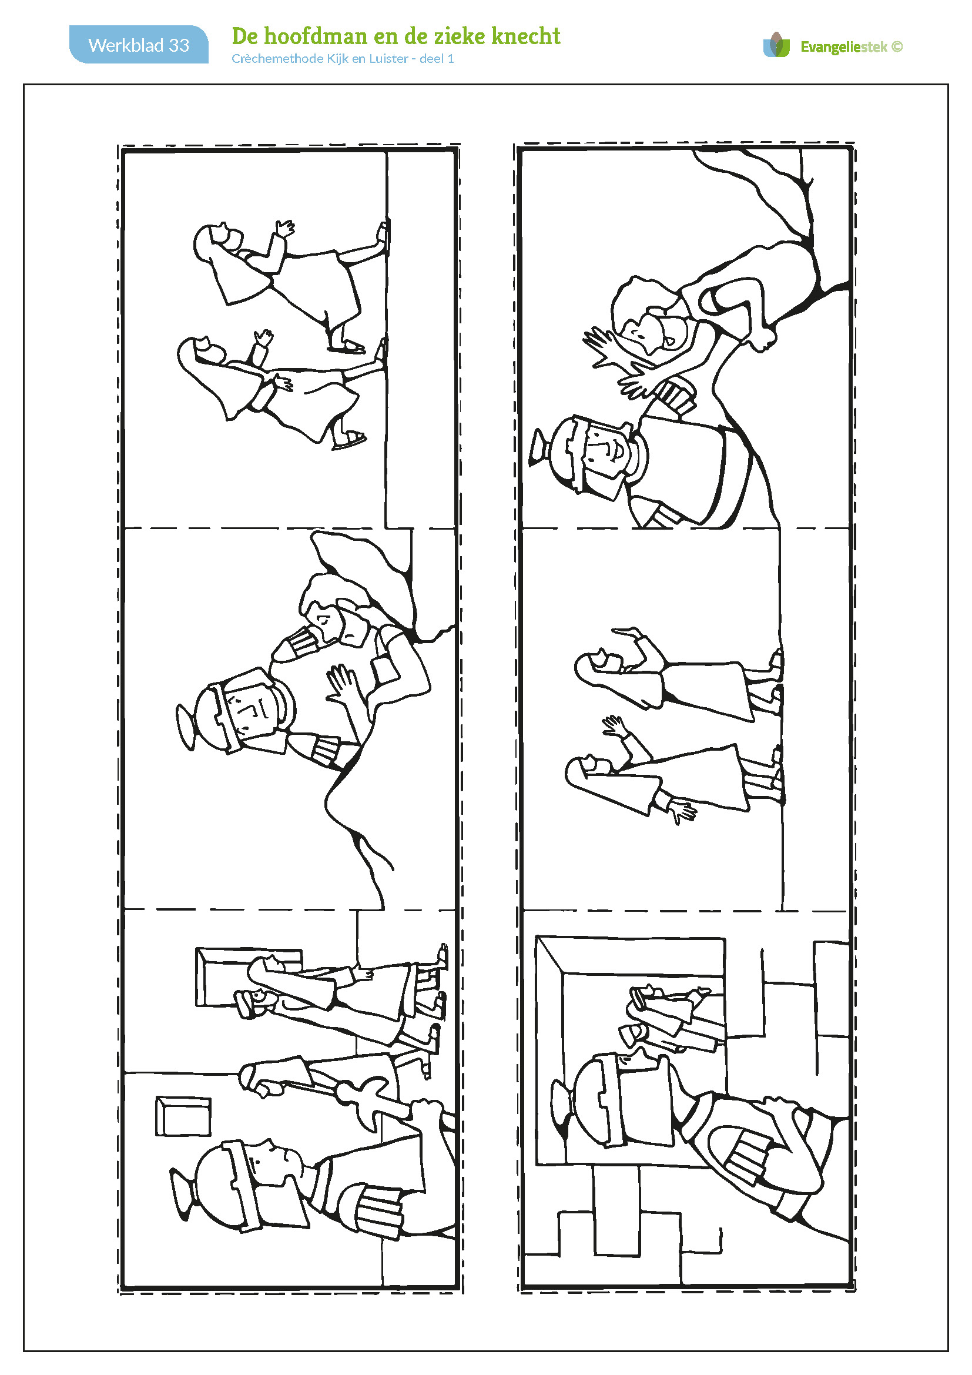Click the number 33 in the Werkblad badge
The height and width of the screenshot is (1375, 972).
179,45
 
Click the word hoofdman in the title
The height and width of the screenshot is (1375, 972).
316,36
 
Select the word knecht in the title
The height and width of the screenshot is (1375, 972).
525,36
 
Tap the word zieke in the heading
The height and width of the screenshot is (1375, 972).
458,36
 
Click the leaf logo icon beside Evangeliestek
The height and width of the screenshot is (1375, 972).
777,45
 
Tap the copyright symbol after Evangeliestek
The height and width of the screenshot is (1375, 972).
897,46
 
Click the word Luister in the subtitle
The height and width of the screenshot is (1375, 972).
388,59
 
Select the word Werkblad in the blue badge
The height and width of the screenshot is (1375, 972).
126,45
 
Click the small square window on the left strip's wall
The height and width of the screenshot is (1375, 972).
183,1116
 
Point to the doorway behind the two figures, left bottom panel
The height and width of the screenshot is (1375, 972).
249,976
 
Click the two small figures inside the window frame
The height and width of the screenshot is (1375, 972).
671,1018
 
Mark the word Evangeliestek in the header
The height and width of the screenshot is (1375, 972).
844,46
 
